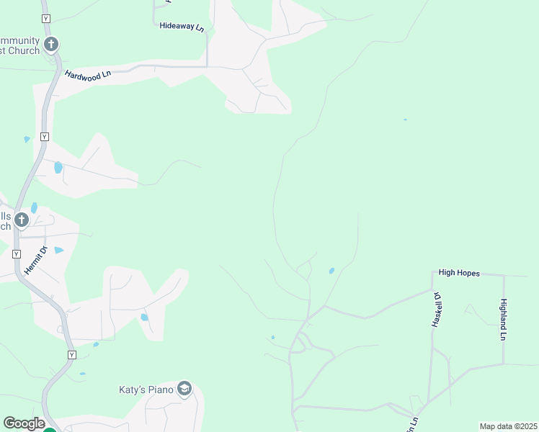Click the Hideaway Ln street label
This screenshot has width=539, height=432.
point(182,26)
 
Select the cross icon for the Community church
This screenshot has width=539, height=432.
point(50,45)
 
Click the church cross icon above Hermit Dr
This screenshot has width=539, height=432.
point(22,220)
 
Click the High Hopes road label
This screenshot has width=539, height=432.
point(459,273)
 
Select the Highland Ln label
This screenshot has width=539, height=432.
point(504,320)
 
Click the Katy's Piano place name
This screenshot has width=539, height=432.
point(147,390)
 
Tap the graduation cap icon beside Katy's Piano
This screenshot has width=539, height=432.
point(184,389)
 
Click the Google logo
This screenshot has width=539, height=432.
point(24,423)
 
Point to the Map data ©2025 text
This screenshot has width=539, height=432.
point(508,426)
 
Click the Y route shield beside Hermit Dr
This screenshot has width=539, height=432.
point(17,253)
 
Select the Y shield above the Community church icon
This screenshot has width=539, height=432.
point(47,17)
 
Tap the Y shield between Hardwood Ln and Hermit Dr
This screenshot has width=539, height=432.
point(45,136)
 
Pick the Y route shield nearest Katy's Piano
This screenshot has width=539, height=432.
point(71,355)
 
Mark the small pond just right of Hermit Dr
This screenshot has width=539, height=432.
point(58,251)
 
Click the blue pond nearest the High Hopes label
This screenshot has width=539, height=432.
point(331,271)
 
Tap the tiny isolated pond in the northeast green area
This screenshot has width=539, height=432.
point(405,120)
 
